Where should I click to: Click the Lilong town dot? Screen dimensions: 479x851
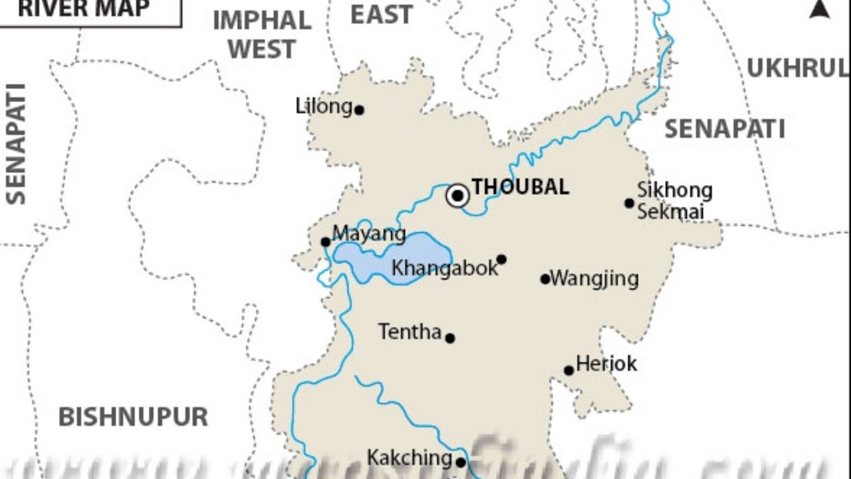pyautogui.click(x=359, y=110)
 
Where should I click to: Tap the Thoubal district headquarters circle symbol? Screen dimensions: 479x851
pyautogui.click(x=457, y=196)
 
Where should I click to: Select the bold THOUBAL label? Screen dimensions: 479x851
pyautogui.click(x=520, y=187)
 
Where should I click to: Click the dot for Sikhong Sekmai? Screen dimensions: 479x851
pyautogui.click(x=629, y=203)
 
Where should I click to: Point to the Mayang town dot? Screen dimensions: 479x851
pyautogui.click(x=325, y=242)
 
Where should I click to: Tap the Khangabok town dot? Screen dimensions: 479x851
pyautogui.click(x=501, y=259)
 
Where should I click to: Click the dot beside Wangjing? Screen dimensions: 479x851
pyautogui.click(x=545, y=279)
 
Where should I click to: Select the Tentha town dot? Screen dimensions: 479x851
pyautogui.click(x=450, y=338)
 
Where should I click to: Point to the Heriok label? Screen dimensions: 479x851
pyautogui.click(x=606, y=363)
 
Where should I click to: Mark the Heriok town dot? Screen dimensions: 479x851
pyautogui.click(x=568, y=371)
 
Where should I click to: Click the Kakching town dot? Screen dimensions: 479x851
pyautogui.click(x=460, y=462)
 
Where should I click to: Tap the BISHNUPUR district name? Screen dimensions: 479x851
pyautogui.click(x=133, y=417)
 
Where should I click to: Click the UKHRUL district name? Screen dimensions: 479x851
pyautogui.click(x=797, y=68)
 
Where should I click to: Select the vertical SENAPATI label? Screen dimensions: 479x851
pyautogui.click(x=16, y=143)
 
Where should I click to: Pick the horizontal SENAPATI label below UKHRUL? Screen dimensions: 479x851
pyautogui.click(x=725, y=128)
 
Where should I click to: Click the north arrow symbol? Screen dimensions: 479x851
pyautogui.click(x=820, y=9)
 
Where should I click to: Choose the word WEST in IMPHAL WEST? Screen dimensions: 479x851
pyautogui.click(x=262, y=49)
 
